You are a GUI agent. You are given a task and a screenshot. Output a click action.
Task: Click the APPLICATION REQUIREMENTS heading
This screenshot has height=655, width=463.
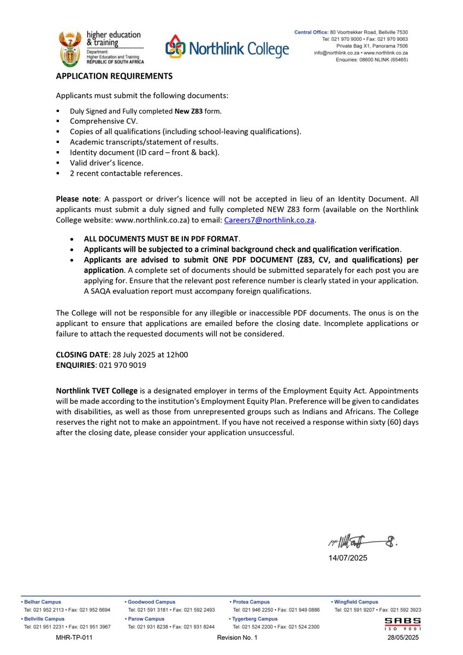pyautogui.click(x=114, y=76)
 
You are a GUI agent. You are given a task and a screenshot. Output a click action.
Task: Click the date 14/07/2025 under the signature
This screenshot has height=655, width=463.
pyautogui.click(x=348, y=558)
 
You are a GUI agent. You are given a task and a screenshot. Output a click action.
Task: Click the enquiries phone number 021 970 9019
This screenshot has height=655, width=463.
pyautogui.click(x=122, y=365)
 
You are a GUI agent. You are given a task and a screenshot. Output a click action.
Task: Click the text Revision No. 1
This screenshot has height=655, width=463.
pyautogui.click(x=237, y=638)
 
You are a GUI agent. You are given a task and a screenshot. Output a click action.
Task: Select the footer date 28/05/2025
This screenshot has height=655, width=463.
pyautogui.click(x=402, y=638)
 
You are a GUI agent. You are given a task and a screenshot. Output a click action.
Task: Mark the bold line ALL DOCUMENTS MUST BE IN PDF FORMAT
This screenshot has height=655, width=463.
pyautogui.click(x=162, y=239)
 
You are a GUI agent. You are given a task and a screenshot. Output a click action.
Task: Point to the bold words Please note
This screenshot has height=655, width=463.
pyautogui.click(x=75, y=199)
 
